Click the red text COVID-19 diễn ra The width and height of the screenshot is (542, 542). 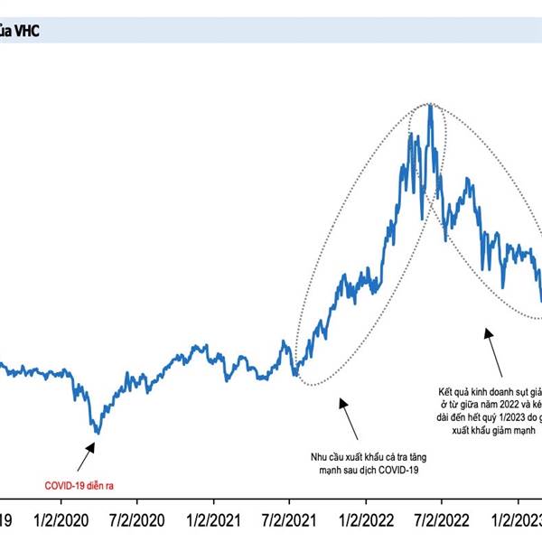pos(79,485)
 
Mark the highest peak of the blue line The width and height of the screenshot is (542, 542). pos(430,106)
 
